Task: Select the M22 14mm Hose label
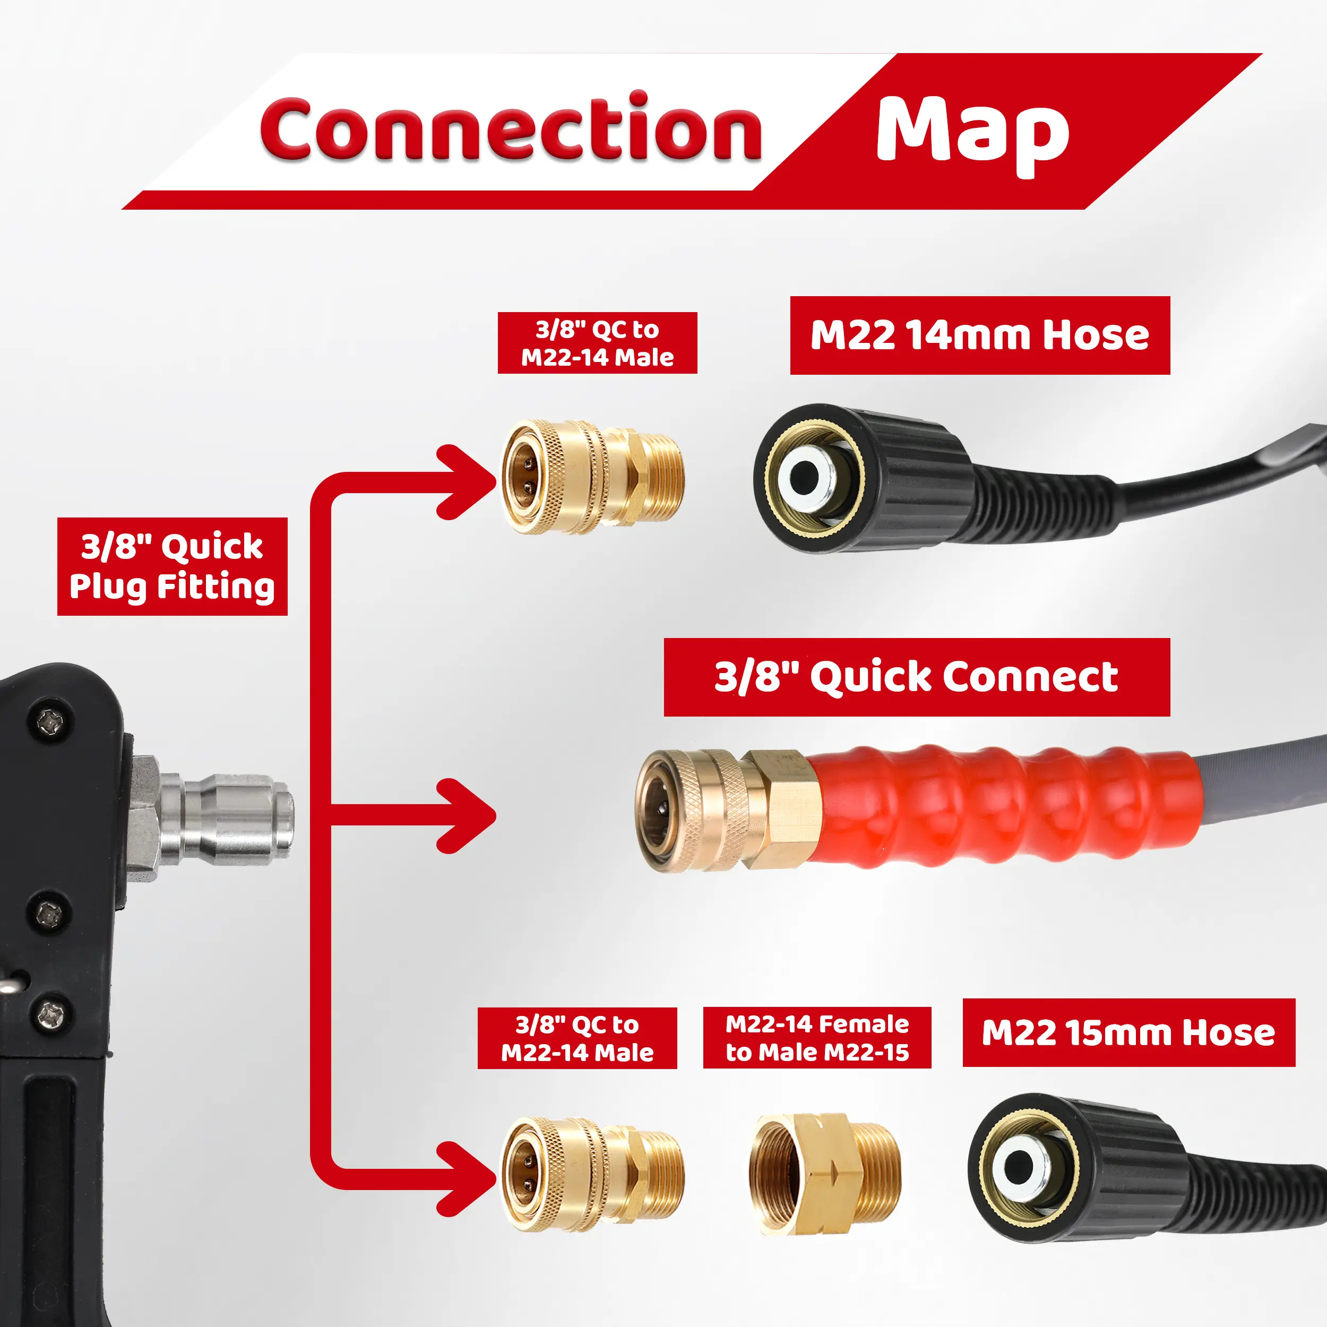[979, 335]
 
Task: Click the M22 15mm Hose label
[1128, 1032]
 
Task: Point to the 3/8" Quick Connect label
[916, 677]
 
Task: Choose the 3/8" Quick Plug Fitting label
[171, 567]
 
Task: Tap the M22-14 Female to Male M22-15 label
[817, 1038]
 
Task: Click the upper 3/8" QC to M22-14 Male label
[597, 343]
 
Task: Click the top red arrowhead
[467, 481]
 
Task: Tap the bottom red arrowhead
[467, 1178]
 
